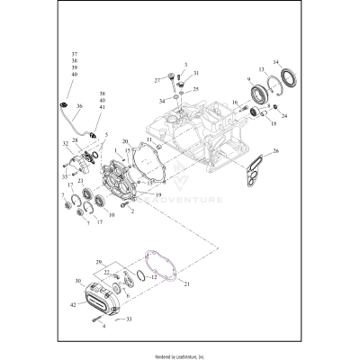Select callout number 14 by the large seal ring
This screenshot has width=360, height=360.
[277, 61]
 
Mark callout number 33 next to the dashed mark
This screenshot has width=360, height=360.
[129, 319]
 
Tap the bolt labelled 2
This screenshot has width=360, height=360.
[129, 210]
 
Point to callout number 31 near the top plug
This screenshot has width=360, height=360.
[196, 73]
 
